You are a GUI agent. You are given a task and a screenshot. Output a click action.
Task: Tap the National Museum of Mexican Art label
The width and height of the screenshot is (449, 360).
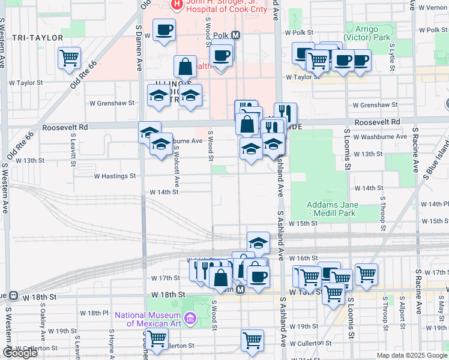click(x=148, y=319)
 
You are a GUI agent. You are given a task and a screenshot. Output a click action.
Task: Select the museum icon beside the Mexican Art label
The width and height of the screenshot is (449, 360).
click(x=190, y=318)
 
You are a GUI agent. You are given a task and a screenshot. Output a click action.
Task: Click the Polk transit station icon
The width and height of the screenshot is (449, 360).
click(x=236, y=35)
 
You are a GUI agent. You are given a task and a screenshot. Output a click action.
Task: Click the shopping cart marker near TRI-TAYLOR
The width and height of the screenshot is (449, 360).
click(x=70, y=58)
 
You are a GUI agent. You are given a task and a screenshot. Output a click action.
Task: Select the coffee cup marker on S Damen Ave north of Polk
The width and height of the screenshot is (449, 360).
click(x=164, y=29)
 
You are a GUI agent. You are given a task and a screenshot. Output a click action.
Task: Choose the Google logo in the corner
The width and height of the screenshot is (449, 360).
click(x=19, y=353)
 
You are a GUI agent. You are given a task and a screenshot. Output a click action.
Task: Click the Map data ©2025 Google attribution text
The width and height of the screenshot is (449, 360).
click(x=411, y=355)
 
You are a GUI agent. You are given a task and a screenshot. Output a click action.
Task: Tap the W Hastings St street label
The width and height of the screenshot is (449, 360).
click(x=115, y=176)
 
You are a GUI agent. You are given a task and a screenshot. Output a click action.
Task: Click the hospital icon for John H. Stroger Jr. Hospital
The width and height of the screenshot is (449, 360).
click(x=176, y=5)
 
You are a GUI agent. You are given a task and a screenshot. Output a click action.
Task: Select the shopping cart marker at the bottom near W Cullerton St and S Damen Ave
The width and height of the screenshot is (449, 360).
click(x=157, y=338)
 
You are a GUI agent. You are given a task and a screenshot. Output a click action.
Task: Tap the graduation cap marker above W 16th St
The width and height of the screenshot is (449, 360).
click(x=258, y=242)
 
